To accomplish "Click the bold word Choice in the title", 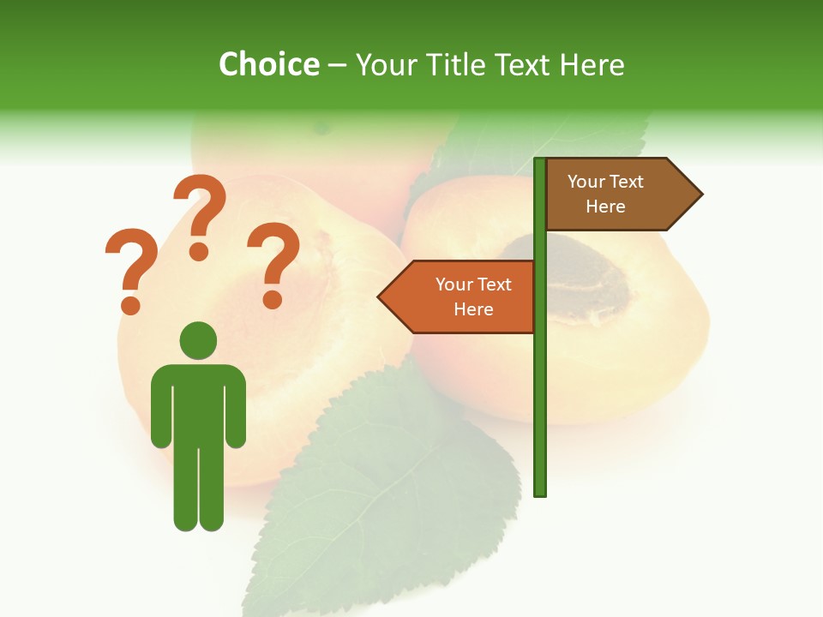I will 268,64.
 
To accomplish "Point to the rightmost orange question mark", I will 273,261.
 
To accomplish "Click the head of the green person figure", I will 198,340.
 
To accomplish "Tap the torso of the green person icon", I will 198,403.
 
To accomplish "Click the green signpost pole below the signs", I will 540,411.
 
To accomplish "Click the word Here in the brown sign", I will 605,207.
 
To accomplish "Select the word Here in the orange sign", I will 473,309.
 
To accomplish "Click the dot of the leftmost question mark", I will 130,305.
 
